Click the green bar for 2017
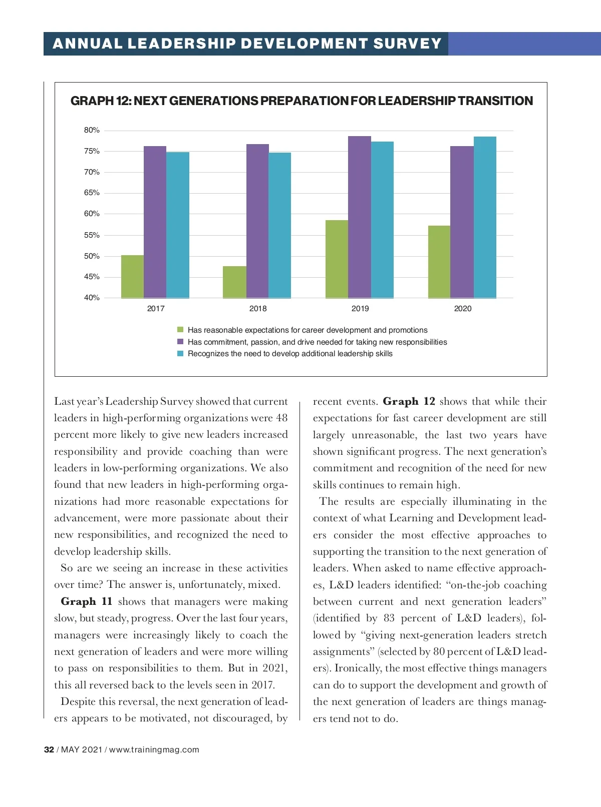(132, 277)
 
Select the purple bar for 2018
(257, 221)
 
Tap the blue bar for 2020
(485, 217)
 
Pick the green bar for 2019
(337, 259)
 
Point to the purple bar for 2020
(462, 222)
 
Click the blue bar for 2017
(178, 225)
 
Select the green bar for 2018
(234, 282)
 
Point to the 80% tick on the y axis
(92, 130)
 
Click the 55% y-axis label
(92, 235)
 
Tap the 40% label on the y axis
(92, 298)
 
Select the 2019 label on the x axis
(360, 309)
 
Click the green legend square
(180, 330)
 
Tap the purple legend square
(180, 342)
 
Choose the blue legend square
(180, 354)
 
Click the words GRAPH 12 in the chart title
(100, 101)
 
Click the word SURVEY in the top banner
(407, 44)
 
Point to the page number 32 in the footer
(49, 749)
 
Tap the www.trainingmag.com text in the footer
(154, 749)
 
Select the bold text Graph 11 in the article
(86, 601)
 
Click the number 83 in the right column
(389, 618)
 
